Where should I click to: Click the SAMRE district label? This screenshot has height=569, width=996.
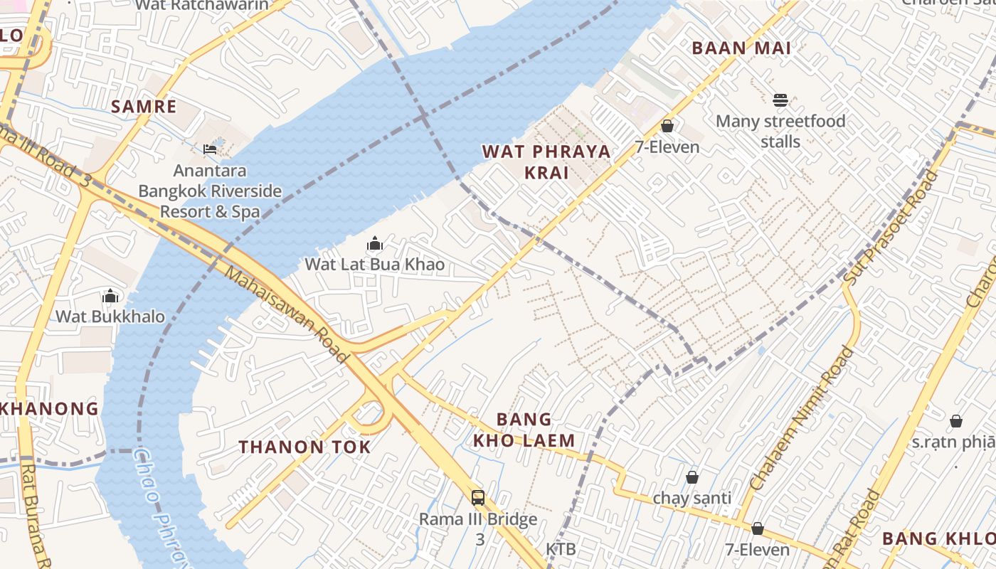[x=144, y=107]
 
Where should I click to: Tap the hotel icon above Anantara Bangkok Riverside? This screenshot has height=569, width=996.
[x=210, y=149]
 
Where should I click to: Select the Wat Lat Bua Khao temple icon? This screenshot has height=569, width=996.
[x=375, y=245]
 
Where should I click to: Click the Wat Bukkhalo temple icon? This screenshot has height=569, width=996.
[x=110, y=296]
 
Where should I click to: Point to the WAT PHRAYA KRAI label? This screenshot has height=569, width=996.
[x=546, y=161]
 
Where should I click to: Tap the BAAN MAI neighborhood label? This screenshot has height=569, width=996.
[x=741, y=48]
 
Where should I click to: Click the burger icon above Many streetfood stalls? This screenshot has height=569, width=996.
[x=780, y=100]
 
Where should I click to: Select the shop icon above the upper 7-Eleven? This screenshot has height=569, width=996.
[x=667, y=127]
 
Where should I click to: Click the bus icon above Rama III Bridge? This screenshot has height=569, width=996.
[x=478, y=498]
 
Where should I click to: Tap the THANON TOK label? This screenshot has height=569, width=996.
[x=304, y=447]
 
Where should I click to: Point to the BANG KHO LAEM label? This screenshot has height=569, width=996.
[x=524, y=430]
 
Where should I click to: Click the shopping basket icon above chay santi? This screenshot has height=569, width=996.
[x=692, y=477]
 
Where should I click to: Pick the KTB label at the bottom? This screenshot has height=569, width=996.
[x=561, y=549]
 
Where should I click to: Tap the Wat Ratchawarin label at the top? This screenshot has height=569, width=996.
[x=202, y=6]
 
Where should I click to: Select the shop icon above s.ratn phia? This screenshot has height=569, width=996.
[x=956, y=422]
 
